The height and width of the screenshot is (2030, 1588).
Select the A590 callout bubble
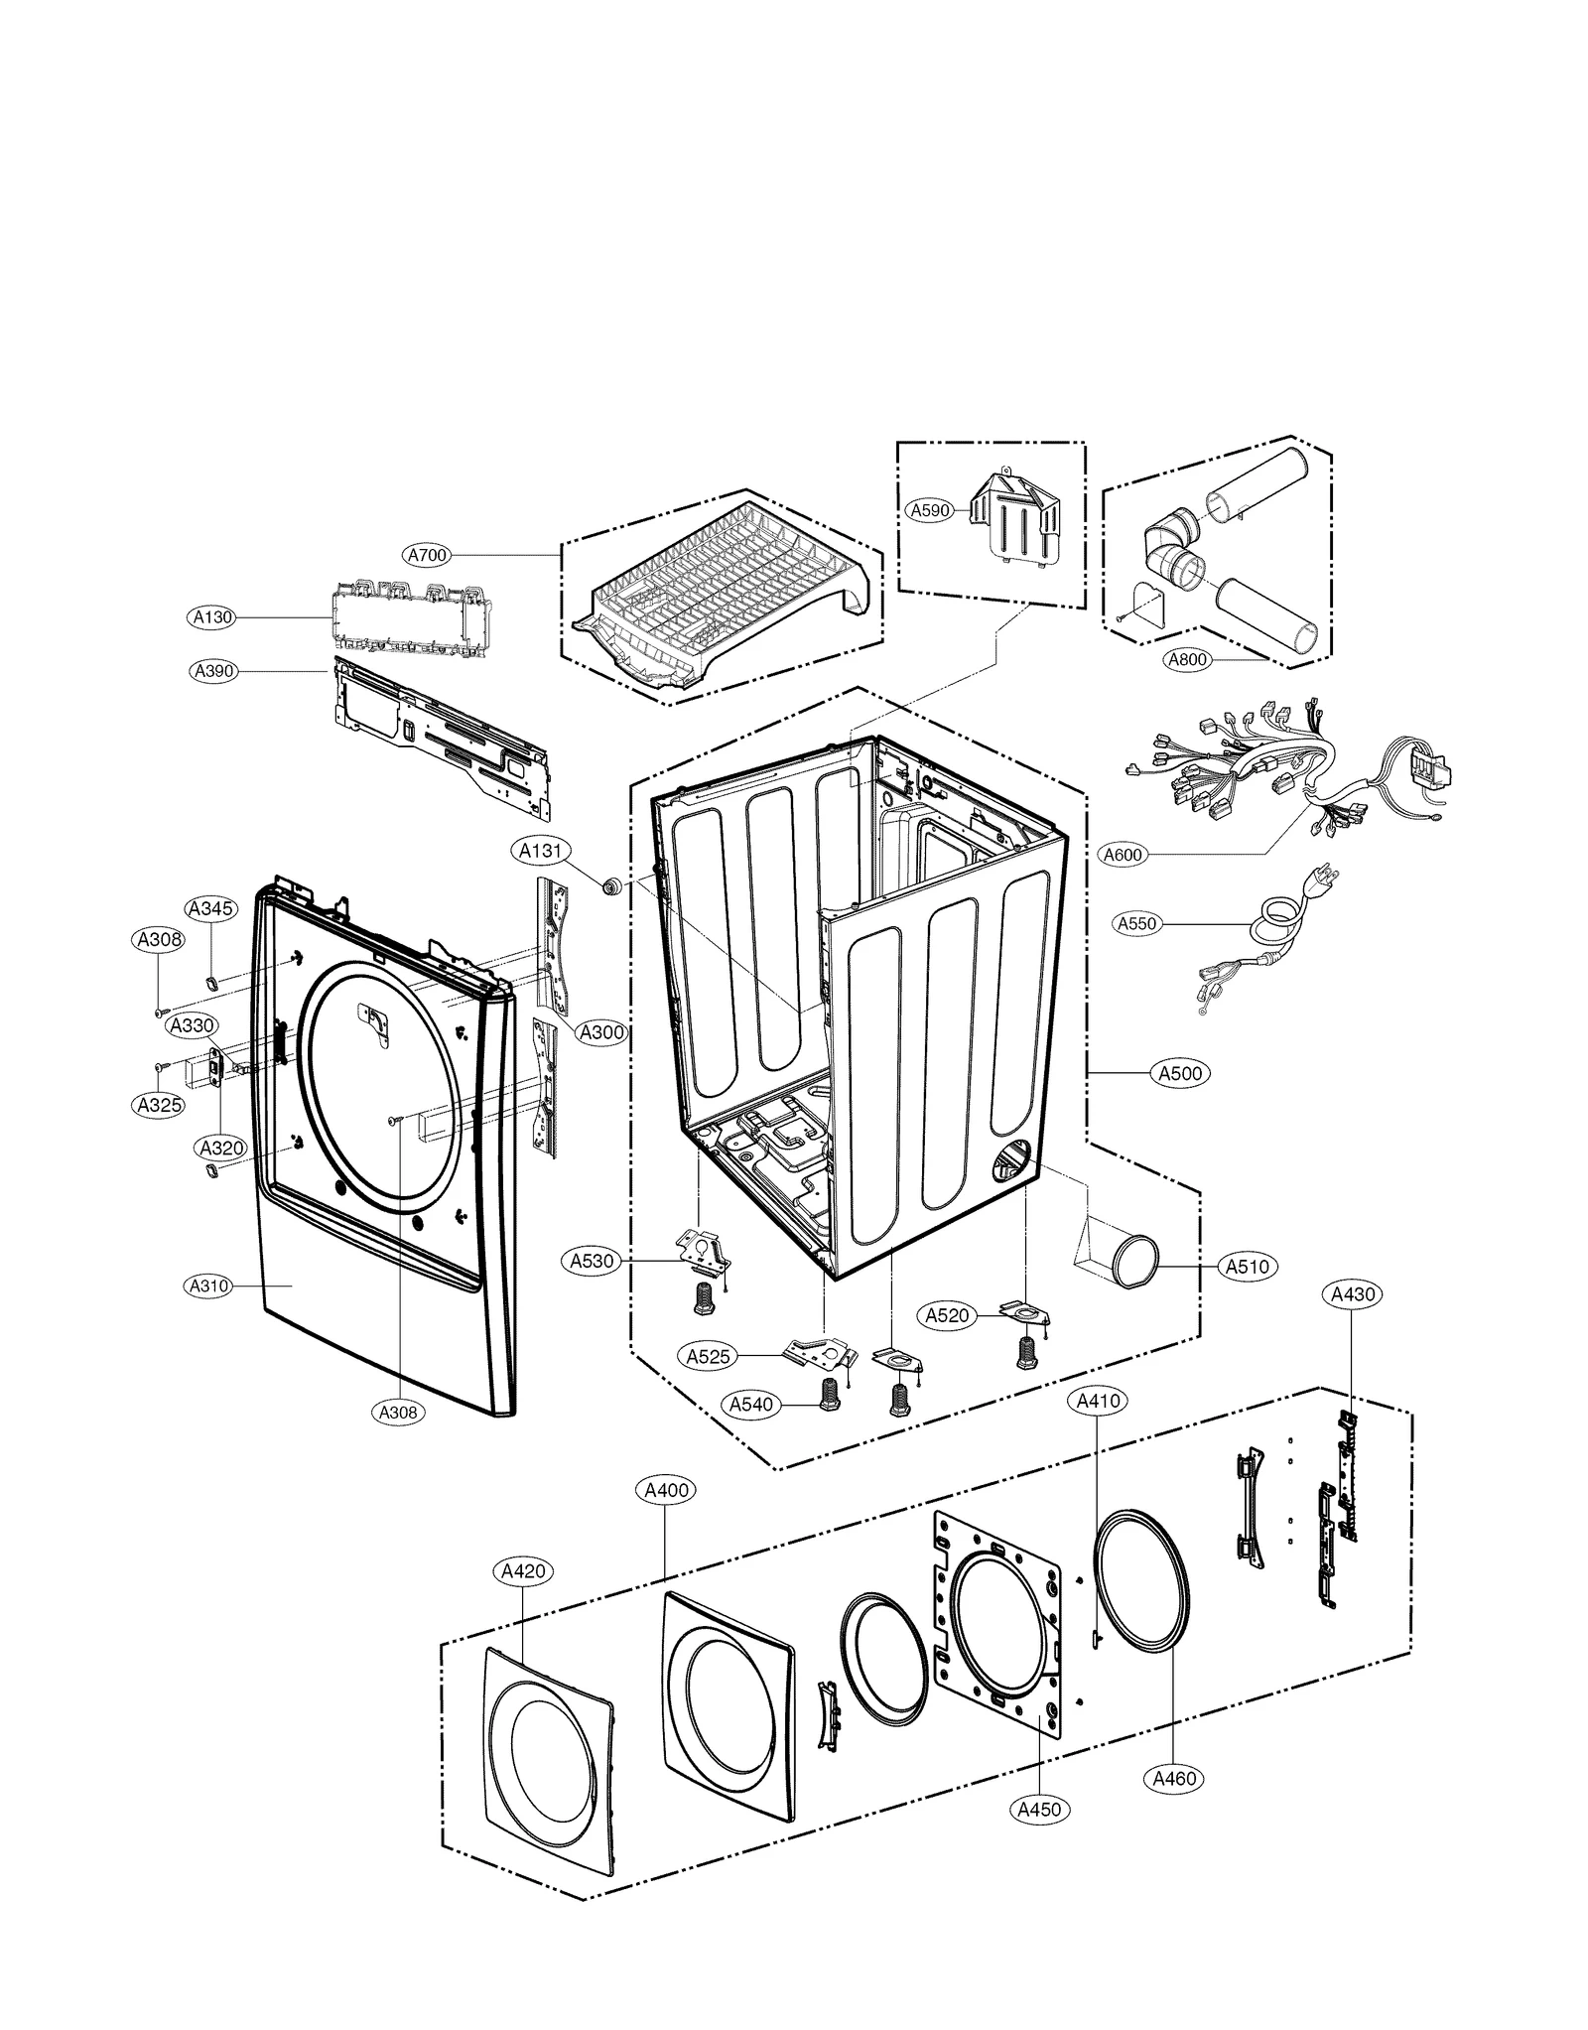930,510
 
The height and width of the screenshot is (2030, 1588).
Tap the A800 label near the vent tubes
1186,659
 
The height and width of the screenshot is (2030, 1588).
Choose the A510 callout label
1248,1267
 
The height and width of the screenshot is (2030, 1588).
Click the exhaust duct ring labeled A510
1133,1262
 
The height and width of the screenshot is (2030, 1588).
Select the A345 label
210,908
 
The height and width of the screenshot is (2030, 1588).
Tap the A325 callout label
159,1104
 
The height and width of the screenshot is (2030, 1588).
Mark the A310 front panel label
209,1286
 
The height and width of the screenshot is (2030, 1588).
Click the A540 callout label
751,1405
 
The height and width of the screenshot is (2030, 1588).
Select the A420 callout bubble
522,1571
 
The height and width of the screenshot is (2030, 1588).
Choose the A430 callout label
1353,1294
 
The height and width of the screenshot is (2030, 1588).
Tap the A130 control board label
211,617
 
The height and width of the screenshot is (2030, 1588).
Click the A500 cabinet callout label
1180,1073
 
